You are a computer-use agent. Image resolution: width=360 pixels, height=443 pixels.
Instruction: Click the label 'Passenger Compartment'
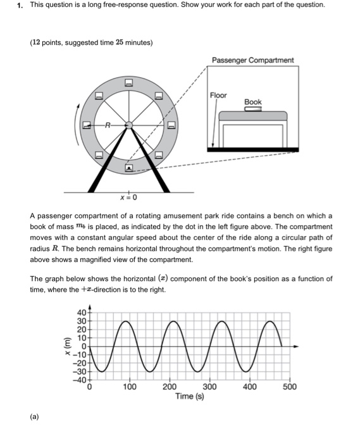pyautogui.click(x=253, y=60)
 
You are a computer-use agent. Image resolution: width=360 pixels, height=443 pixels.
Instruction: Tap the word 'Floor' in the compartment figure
pyautogui.click(x=218, y=95)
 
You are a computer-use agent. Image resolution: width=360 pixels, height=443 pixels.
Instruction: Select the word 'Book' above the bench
pyautogui.click(x=252, y=101)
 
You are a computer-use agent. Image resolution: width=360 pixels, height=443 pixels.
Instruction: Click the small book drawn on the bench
pyautogui.click(x=252, y=109)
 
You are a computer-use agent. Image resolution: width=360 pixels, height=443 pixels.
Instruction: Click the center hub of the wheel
pyautogui.click(x=128, y=125)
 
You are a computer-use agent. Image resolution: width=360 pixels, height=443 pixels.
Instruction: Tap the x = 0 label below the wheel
pyautogui.click(x=128, y=197)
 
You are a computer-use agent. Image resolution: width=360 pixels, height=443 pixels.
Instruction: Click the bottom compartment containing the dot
pyautogui.click(x=128, y=169)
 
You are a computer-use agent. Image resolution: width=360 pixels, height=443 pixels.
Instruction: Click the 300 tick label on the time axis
pyautogui.click(x=209, y=387)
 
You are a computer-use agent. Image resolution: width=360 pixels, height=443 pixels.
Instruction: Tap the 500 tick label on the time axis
pyautogui.click(x=289, y=387)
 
